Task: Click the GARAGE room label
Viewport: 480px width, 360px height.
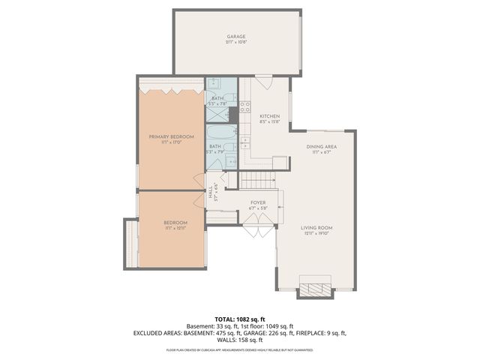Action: pos(236,36)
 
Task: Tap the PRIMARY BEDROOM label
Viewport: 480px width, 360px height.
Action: pos(171,136)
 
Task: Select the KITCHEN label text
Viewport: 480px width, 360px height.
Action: pos(269,116)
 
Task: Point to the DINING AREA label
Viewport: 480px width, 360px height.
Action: pos(321,146)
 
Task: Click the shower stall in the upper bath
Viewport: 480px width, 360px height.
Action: pos(217,114)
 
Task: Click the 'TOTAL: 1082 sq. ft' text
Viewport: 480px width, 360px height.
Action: pos(240,319)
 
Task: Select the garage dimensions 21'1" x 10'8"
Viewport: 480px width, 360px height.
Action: pos(236,42)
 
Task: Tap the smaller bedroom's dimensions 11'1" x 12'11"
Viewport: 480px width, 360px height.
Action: pos(175,228)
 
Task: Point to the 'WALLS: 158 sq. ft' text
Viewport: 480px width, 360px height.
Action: pos(240,339)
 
